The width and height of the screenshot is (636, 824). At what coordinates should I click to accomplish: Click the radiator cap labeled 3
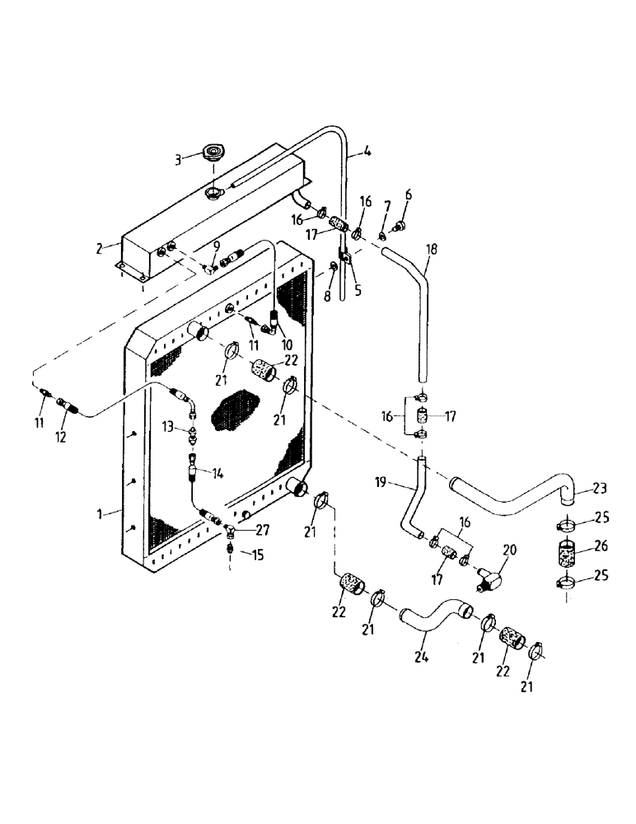coord(214,154)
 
